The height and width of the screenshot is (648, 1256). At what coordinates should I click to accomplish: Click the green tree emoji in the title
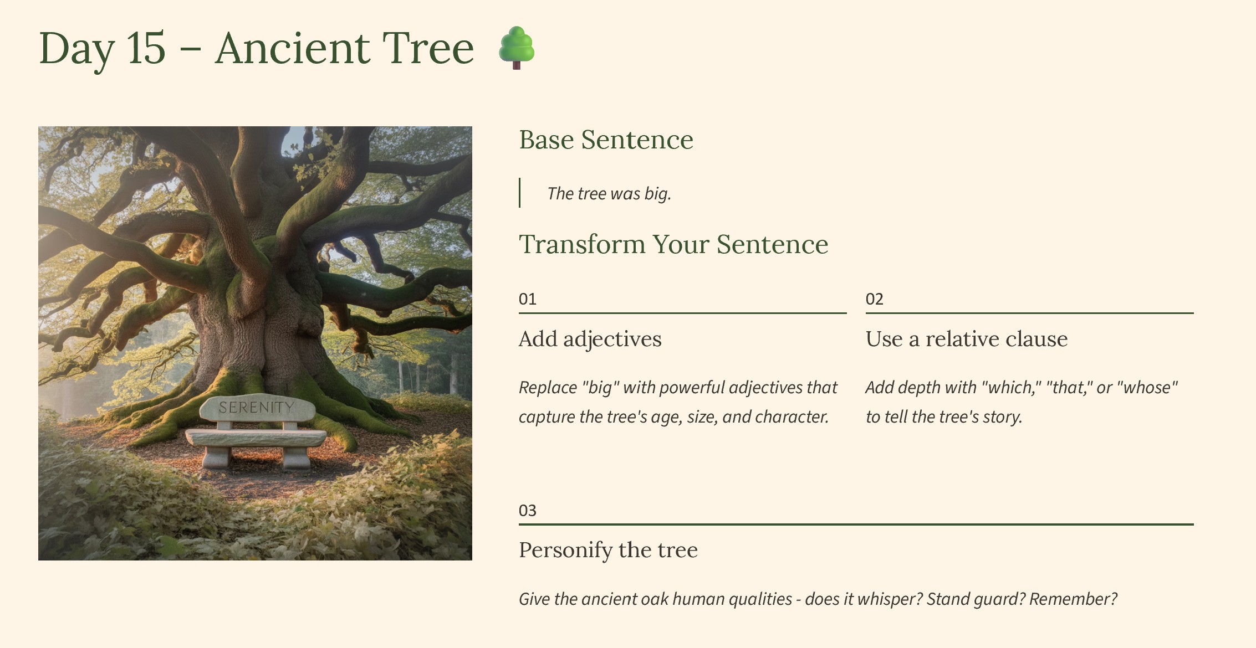coord(516,48)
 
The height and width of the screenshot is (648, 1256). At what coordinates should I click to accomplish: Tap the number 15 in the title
coord(146,48)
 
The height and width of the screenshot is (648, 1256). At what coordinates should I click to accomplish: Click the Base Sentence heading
coord(606,140)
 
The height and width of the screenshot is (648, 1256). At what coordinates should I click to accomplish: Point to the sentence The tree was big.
coord(609,193)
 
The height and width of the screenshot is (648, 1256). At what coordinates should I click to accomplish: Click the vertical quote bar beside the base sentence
coord(519,193)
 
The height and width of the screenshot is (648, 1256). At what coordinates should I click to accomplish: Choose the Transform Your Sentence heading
coord(673,244)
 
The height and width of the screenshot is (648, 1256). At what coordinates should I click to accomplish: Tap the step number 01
coord(527,299)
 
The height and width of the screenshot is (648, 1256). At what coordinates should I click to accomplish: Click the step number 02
coord(874,299)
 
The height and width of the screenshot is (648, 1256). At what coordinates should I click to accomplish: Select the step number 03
coord(527,511)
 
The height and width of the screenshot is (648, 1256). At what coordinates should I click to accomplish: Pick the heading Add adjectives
coord(590,339)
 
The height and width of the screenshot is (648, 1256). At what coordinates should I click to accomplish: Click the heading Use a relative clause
coord(967,339)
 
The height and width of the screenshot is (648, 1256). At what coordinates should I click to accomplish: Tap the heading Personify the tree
coord(608,550)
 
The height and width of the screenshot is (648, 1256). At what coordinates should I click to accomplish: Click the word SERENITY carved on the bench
coord(256,408)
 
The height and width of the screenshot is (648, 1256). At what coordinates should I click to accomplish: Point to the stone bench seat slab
coord(256,438)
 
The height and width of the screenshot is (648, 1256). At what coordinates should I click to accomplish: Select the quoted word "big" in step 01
coord(600,388)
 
